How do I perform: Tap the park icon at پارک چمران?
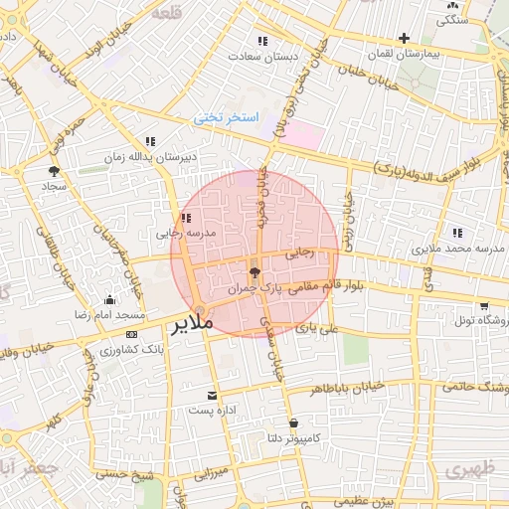tap(255, 270)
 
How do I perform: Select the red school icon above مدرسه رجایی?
tap(185, 218)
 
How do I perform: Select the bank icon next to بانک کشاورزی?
tap(132, 334)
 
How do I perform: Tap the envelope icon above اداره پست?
tap(211, 394)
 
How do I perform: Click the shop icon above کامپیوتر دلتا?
tap(292, 423)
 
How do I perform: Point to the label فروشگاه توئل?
tap(481, 321)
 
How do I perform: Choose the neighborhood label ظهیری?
tap(469, 468)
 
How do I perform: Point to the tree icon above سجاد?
tap(54, 172)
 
